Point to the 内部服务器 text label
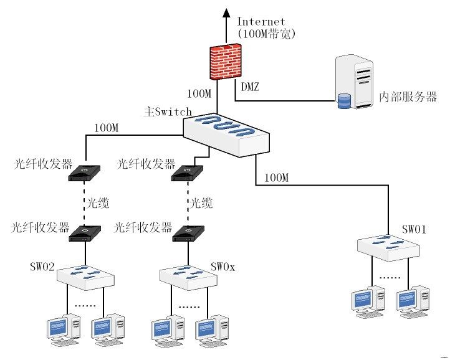(x=408, y=97)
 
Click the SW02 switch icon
(x=85, y=277)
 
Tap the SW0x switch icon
(x=187, y=277)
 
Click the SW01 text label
(x=414, y=230)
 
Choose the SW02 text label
(x=42, y=267)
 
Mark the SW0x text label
(x=223, y=267)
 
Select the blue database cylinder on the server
(x=343, y=100)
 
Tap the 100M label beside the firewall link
(x=199, y=94)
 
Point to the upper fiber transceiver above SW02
(x=85, y=174)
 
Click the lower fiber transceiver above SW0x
(x=187, y=234)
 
